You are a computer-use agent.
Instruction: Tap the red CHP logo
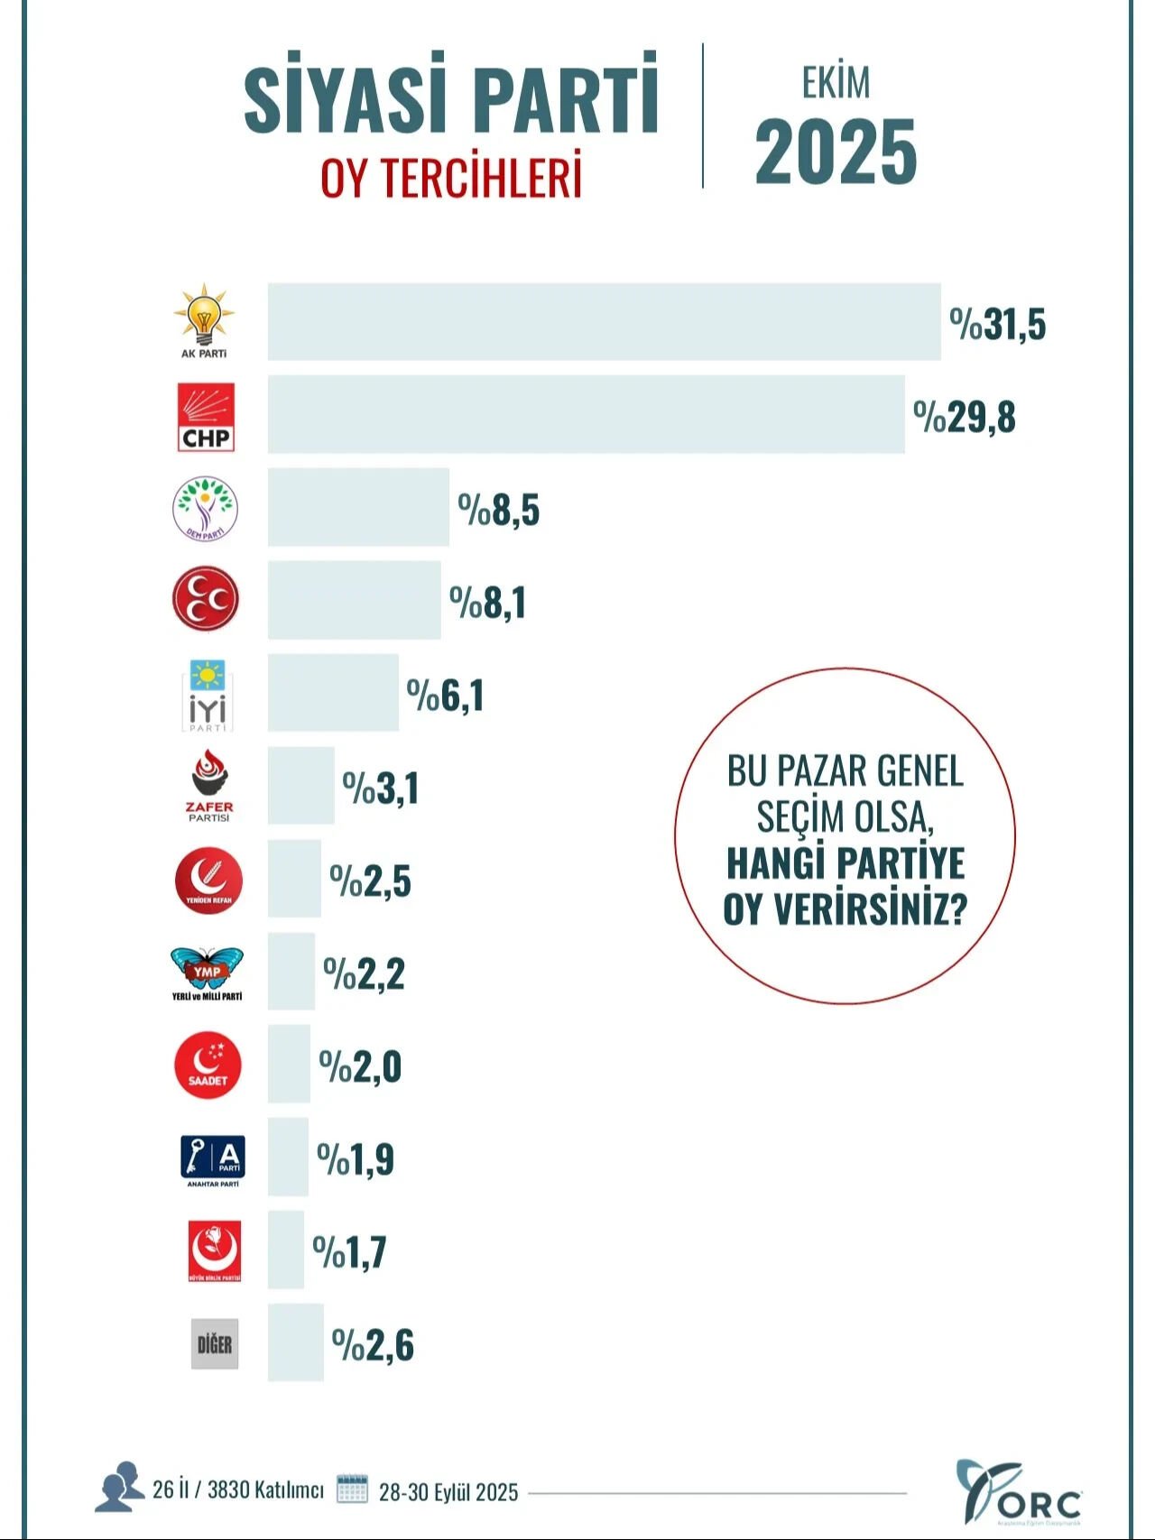pos(207,417)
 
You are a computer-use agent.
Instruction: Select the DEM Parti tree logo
pos(206,509)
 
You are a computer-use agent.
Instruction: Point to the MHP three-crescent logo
pos(206,599)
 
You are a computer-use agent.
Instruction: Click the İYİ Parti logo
pos(207,695)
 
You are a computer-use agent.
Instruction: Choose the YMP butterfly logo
pos(207,970)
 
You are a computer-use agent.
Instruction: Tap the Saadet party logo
pos(208,1065)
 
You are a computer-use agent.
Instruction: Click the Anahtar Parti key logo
pos(213,1158)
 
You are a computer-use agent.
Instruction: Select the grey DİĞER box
pos(215,1344)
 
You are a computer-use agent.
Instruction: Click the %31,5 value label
pos(997,324)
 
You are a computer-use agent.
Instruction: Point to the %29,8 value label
pos(964,418)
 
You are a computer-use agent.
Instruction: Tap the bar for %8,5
pos(358,507)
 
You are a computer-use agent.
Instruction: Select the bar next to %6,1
pos(333,693)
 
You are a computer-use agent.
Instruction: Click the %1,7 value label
pos(349,1252)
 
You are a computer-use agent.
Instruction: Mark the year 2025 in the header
pos(836,152)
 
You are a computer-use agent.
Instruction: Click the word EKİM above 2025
pos(836,83)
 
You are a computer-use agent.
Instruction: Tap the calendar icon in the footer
pos(352,1489)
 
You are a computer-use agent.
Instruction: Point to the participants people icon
pos(120,1487)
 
